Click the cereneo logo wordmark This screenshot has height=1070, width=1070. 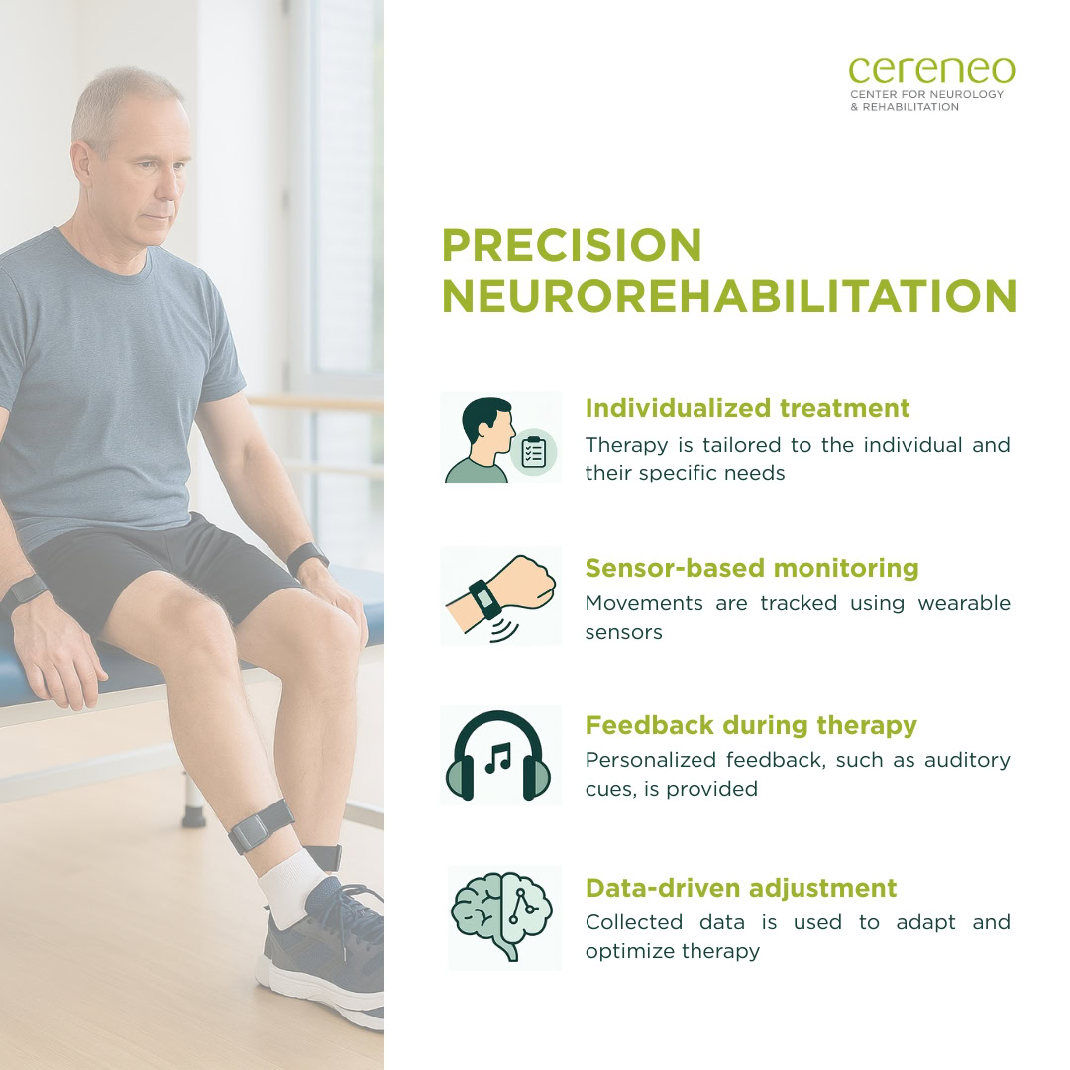[x=931, y=70]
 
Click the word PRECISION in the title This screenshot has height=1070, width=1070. [x=572, y=245]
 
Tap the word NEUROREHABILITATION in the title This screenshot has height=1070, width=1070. [x=729, y=296]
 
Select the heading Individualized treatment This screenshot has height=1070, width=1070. [x=747, y=408]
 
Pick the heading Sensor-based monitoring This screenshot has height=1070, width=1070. [x=752, y=567]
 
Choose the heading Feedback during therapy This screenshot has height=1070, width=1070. [x=751, y=724]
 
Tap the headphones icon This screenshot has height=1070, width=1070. [x=498, y=755]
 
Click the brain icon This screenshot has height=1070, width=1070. [x=501, y=915]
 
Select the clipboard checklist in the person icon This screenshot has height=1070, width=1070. [x=534, y=452]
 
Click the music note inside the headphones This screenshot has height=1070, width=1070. [x=498, y=757]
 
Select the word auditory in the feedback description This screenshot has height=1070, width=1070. [x=967, y=761]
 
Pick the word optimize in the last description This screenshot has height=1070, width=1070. [x=628, y=952]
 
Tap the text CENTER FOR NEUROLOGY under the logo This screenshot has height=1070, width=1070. [x=926, y=94]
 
